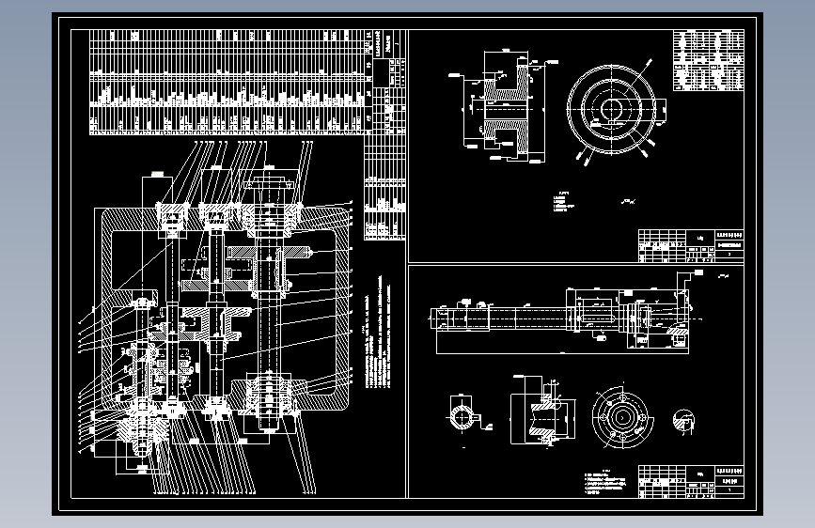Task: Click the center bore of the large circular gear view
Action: point(612,108)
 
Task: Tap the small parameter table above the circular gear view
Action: point(708,60)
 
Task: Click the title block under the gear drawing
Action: point(690,245)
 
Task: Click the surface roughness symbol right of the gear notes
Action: point(627,202)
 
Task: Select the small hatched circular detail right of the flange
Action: point(685,422)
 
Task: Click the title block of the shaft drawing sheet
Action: point(690,480)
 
